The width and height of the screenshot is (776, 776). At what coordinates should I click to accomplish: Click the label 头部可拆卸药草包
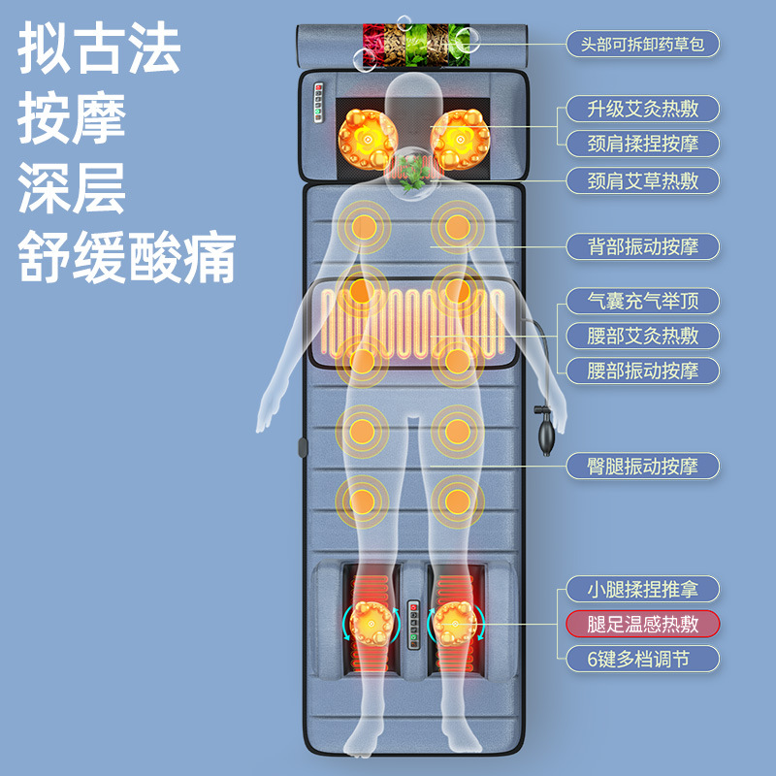(x=642, y=44)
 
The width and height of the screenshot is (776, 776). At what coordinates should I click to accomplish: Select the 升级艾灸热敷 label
(x=642, y=109)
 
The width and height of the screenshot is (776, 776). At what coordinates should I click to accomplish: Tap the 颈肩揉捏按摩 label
(x=642, y=144)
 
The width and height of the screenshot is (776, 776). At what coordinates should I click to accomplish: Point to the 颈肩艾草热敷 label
(x=642, y=180)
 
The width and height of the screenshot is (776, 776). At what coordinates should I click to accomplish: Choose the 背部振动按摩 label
(x=642, y=246)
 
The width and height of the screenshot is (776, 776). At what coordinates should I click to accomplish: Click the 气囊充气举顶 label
(x=642, y=301)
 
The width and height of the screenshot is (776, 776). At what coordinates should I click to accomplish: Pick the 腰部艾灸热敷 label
(x=642, y=336)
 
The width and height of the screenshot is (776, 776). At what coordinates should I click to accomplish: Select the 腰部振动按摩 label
(x=642, y=371)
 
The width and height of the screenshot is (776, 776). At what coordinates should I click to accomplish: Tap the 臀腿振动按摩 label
(x=642, y=466)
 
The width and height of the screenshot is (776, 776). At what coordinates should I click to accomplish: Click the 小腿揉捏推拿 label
(x=642, y=589)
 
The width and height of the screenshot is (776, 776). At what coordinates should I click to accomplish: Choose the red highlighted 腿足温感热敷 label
(x=642, y=624)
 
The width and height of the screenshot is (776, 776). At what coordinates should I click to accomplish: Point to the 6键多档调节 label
(x=642, y=659)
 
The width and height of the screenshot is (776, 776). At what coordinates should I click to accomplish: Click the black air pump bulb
(x=547, y=433)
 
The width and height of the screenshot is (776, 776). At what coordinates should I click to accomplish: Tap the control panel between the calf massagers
(x=413, y=625)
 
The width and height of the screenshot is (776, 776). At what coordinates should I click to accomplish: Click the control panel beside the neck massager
(x=318, y=103)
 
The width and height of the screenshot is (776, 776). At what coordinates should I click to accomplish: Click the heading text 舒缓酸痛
(x=127, y=257)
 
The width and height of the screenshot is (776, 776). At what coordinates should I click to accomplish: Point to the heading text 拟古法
(x=99, y=48)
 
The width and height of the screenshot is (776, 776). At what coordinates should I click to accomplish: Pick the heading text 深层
(x=72, y=187)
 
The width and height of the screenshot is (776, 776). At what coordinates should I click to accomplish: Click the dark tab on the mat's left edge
(x=303, y=447)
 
